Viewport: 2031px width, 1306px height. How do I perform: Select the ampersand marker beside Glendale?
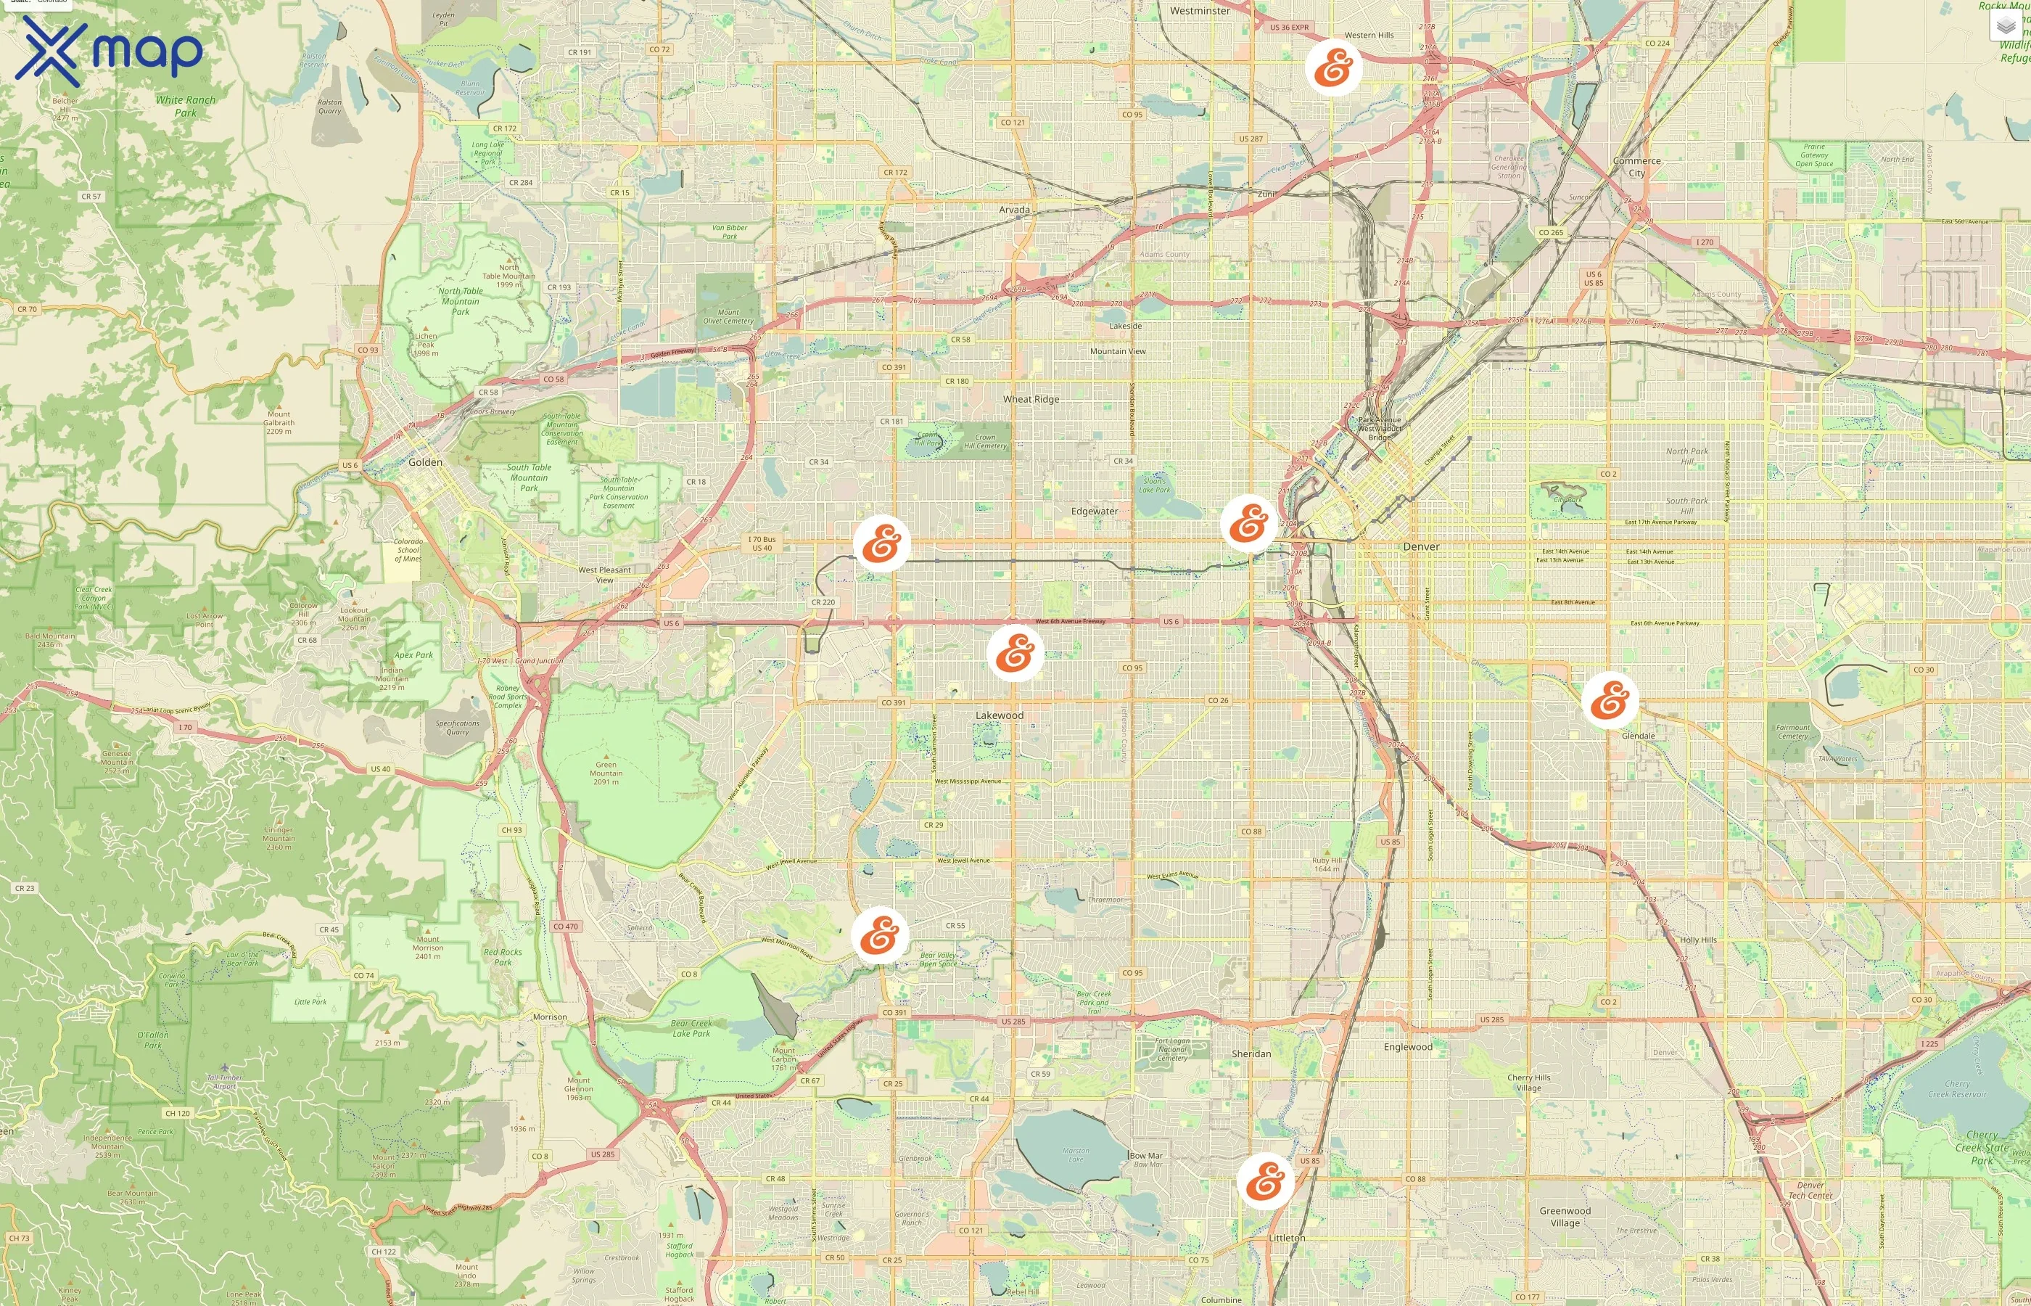point(1610,700)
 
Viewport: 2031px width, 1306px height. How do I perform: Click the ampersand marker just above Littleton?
point(1266,1180)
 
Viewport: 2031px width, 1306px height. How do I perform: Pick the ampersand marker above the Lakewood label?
point(1015,653)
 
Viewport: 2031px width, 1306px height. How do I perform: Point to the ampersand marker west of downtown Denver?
point(1248,523)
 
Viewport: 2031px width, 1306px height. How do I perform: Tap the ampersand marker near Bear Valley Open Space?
point(880,935)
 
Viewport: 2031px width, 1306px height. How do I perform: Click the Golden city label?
point(426,462)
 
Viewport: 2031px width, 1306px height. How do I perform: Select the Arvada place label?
point(1014,210)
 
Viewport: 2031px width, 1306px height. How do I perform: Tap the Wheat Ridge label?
point(1031,398)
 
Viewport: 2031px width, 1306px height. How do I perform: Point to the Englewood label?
point(1408,1046)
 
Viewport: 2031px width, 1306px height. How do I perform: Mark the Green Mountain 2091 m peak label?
point(606,773)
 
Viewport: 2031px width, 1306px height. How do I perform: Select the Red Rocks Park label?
point(503,956)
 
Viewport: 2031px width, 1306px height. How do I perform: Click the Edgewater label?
point(1095,512)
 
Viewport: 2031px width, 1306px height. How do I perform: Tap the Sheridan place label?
point(1251,1054)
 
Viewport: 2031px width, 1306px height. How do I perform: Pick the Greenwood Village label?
point(1565,1216)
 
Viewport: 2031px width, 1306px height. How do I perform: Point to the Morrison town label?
point(550,1017)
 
